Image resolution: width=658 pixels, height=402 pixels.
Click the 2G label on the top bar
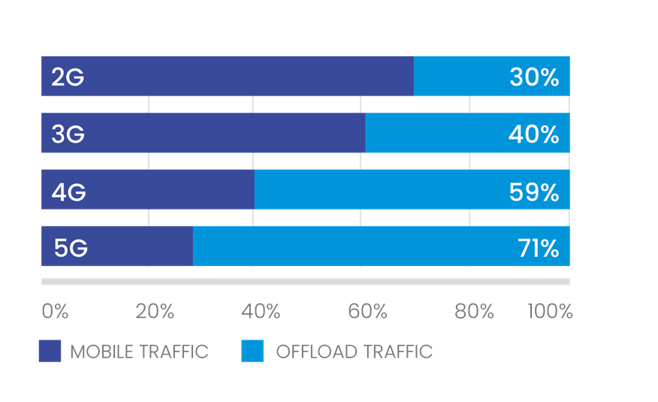(x=68, y=77)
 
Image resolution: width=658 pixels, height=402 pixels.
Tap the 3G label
(x=68, y=134)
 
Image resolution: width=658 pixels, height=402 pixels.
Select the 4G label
(x=68, y=192)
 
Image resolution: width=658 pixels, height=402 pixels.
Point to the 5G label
(x=70, y=248)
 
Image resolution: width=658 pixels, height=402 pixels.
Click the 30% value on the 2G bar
(x=534, y=77)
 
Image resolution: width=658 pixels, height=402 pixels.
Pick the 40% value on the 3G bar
(x=534, y=134)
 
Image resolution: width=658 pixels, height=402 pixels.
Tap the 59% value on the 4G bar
(x=534, y=192)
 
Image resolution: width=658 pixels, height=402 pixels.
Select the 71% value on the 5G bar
(x=538, y=248)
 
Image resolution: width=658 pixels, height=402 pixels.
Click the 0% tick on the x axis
(x=55, y=311)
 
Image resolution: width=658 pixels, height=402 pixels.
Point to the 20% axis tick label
(x=155, y=311)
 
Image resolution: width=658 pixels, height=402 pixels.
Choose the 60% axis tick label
(x=368, y=311)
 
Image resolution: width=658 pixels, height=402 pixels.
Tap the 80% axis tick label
(x=475, y=311)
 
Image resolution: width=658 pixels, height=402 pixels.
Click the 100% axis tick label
(x=550, y=311)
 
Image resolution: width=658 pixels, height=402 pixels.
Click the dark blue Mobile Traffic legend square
(x=50, y=351)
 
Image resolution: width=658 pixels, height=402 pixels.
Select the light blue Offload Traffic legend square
(x=252, y=351)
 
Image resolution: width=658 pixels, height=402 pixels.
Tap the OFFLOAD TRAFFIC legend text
(x=354, y=351)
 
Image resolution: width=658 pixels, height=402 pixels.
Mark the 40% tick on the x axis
(x=261, y=311)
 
